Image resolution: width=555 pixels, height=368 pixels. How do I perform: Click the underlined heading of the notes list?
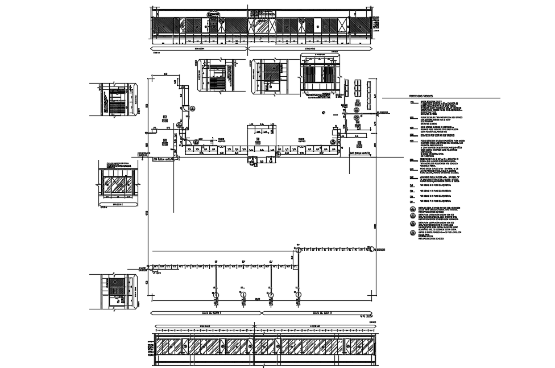(x=421, y=96)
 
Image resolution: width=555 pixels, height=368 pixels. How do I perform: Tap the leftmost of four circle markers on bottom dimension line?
(x=216, y=295)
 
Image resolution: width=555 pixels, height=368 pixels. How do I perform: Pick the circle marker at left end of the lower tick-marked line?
(x=149, y=266)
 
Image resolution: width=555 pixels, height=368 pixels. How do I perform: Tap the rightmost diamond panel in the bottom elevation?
(x=358, y=346)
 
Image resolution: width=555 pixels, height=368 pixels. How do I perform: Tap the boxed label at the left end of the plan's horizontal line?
(x=162, y=159)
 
